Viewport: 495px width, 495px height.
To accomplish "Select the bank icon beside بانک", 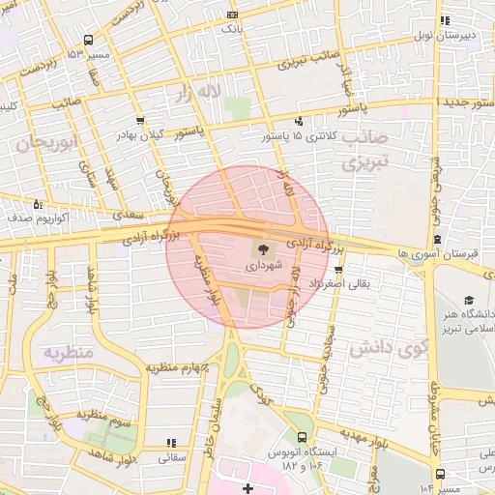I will click(x=231, y=15).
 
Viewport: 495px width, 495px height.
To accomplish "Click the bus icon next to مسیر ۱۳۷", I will click(x=89, y=41).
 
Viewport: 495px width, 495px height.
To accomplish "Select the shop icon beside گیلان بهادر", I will click(x=141, y=121).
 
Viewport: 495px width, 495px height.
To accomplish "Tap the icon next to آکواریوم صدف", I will click(x=38, y=204).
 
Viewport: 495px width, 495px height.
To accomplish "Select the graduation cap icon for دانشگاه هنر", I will click(x=468, y=301).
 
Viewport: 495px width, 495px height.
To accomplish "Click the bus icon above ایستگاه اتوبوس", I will click(x=304, y=437).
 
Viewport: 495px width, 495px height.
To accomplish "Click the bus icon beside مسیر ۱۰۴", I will click(x=440, y=474).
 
